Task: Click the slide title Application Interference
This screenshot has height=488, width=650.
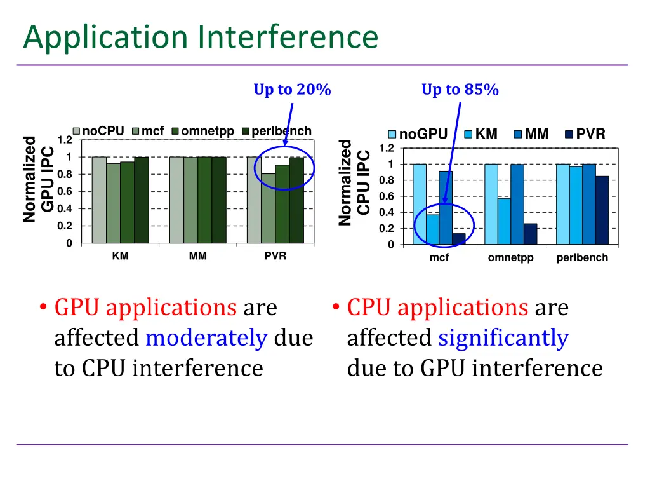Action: click(x=201, y=37)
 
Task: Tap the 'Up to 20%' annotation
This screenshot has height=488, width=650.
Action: click(x=292, y=90)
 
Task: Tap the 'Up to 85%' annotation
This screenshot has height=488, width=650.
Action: click(x=460, y=90)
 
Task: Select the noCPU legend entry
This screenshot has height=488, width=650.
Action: click(x=98, y=132)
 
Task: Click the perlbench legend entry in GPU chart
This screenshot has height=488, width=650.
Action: click(x=277, y=132)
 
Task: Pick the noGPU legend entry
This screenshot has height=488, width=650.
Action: click(x=418, y=134)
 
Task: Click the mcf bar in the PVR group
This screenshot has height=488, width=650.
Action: click(x=268, y=208)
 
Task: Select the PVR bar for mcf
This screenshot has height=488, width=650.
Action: click(x=458, y=239)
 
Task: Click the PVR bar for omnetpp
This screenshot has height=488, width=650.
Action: click(x=531, y=234)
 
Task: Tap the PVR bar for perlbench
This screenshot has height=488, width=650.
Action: click(x=602, y=210)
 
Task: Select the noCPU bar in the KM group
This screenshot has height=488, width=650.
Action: click(x=99, y=200)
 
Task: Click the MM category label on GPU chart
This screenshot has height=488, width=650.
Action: click(x=197, y=256)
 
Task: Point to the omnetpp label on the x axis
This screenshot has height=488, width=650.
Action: click(x=510, y=258)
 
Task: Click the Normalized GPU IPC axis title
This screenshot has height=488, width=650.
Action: click(x=38, y=180)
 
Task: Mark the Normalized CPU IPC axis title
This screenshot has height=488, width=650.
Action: click(x=354, y=182)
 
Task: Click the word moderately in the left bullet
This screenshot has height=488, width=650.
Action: click(x=206, y=338)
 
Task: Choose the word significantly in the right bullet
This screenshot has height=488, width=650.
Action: click(x=503, y=338)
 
